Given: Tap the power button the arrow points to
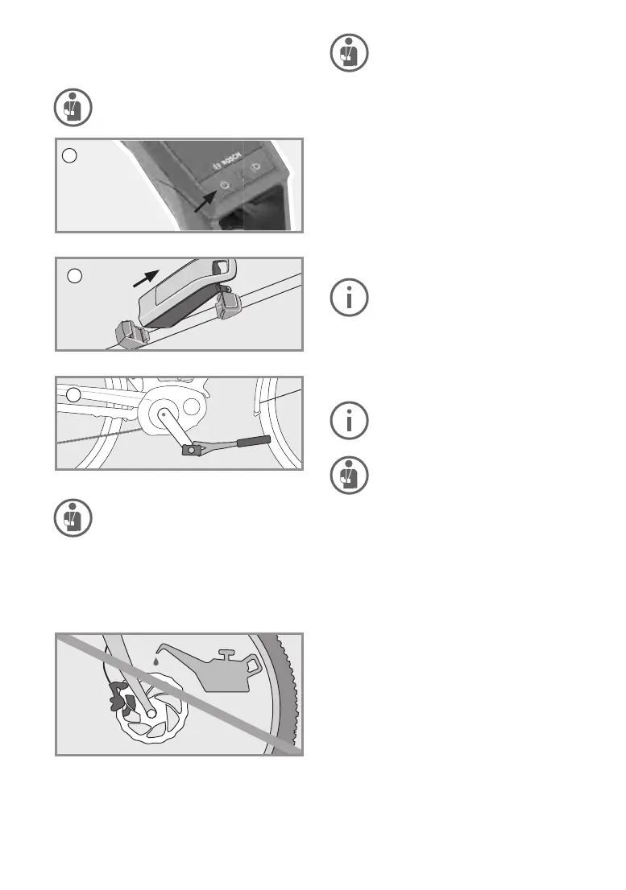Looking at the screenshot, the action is pyautogui.click(x=225, y=185).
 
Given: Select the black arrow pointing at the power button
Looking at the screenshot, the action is pyautogui.click(x=205, y=201).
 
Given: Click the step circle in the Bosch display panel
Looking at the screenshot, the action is pyautogui.click(x=69, y=155).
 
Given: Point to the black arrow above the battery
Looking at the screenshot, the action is pyautogui.click(x=146, y=278).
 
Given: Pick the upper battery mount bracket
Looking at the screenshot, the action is pyautogui.click(x=228, y=304).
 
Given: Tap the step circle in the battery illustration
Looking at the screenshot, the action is pyautogui.click(x=75, y=276).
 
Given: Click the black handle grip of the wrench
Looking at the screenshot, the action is pyautogui.click(x=253, y=441).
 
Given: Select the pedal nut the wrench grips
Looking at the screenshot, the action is pyautogui.click(x=192, y=450).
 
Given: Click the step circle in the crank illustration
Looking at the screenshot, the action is pyautogui.click(x=73, y=395).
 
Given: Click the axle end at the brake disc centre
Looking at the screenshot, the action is pyautogui.click(x=151, y=712).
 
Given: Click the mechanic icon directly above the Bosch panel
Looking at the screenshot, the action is pyautogui.click(x=73, y=107).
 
